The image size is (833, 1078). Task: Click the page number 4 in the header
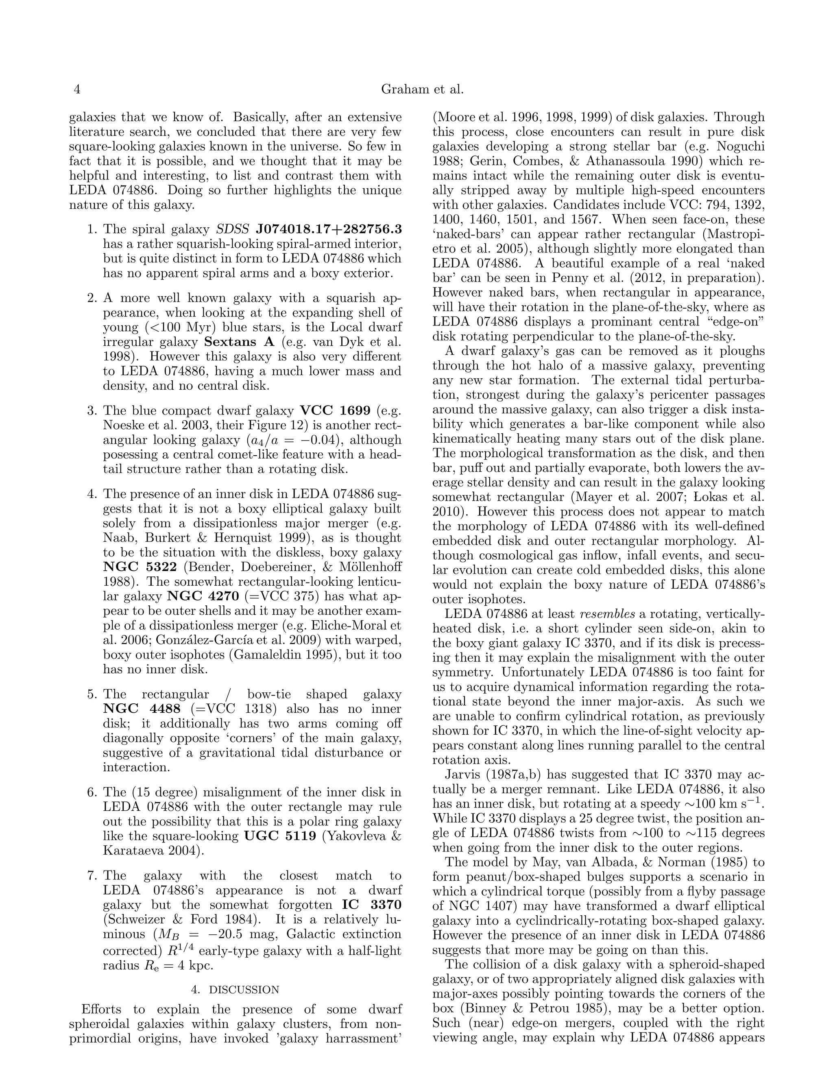[x=76, y=89]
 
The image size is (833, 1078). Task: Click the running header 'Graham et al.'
[x=423, y=89]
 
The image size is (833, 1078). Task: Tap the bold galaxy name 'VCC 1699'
[x=335, y=411]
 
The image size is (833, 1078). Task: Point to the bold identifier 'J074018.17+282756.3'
[x=329, y=229]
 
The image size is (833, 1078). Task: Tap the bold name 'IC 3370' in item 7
[x=372, y=905]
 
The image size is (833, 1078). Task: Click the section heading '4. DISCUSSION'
[x=235, y=990]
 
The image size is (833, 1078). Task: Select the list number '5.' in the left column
[x=93, y=694]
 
